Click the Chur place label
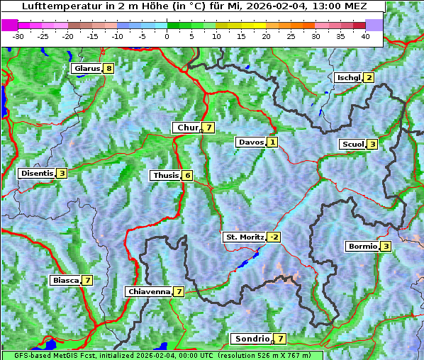[x=187, y=128]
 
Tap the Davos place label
[x=251, y=142]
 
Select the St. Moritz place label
[x=245, y=237]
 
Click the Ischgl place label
[x=348, y=77]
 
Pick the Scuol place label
[x=352, y=144]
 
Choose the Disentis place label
[x=37, y=173]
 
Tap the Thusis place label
[x=165, y=175]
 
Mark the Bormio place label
[x=362, y=247]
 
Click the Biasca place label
[x=65, y=280]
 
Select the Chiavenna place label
[x=149, y=291]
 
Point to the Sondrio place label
[x=252, y=339]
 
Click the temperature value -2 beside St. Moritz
[x=274, y=237]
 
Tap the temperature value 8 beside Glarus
[x=108, y=69]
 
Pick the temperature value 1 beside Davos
[x=272, y=142]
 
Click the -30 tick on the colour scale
[x=18, y=35]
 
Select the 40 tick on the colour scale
[x=365, y=35]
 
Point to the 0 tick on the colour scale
[x=167, y=35]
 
